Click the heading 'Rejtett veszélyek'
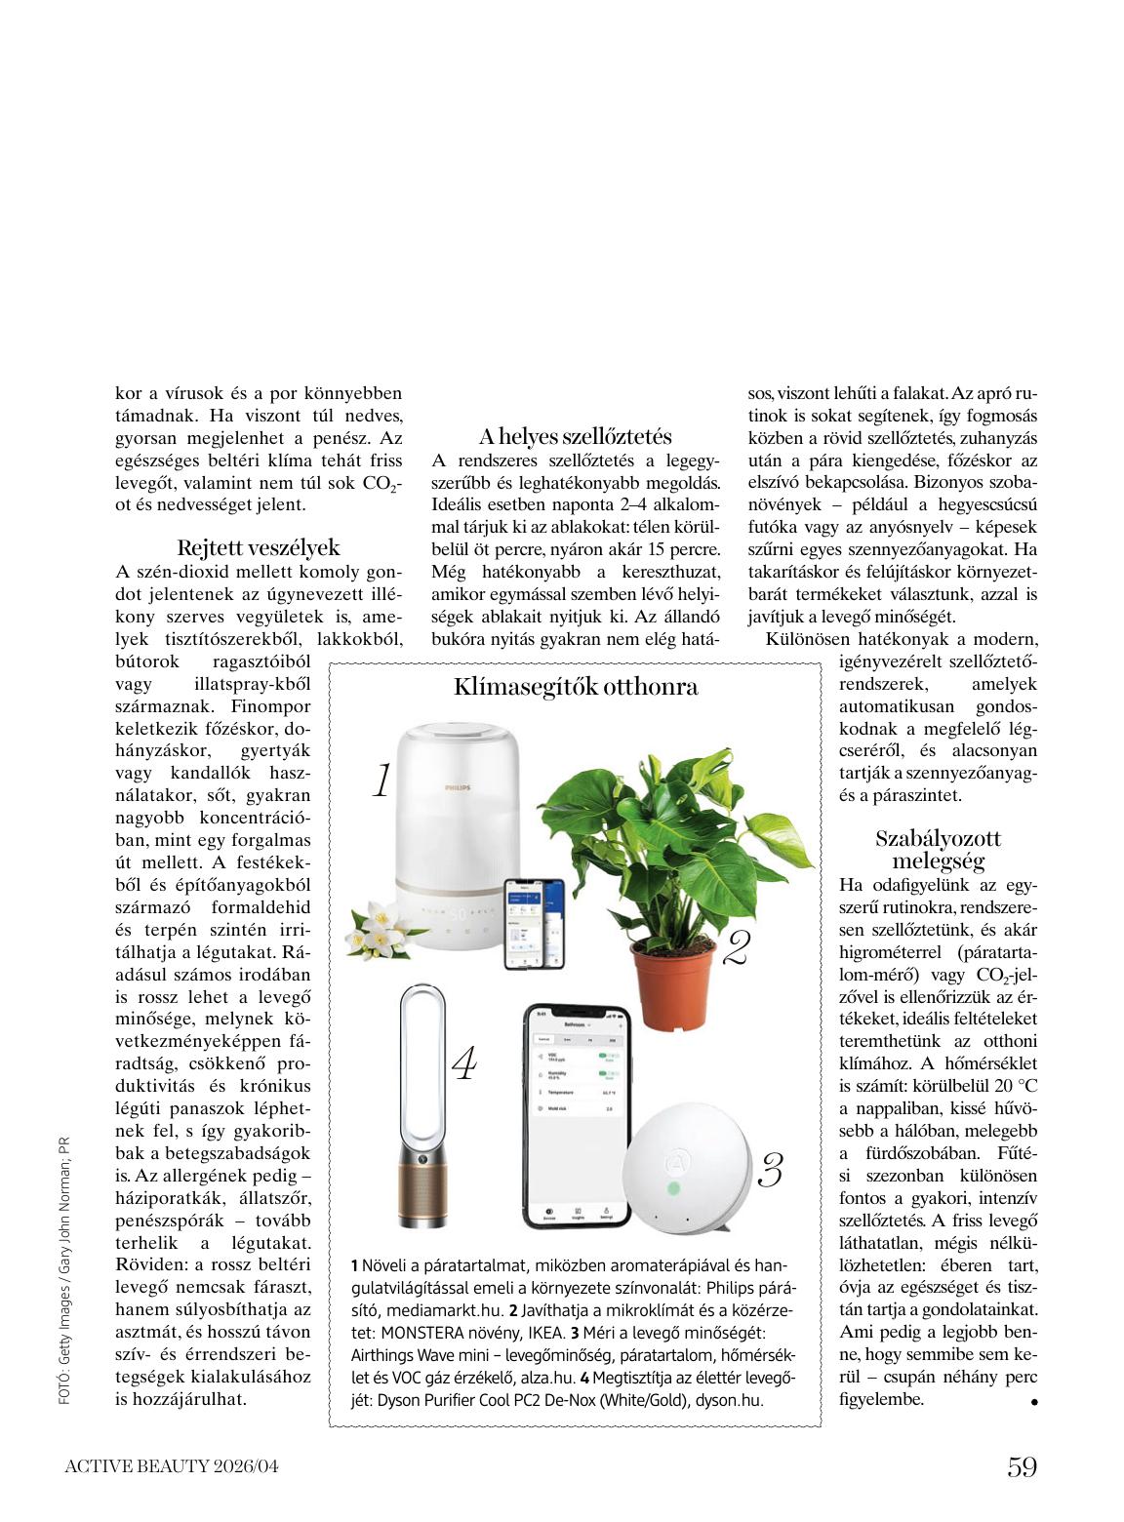pos(259,547)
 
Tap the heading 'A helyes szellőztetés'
pos(575,436)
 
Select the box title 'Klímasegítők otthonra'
pos(576,687)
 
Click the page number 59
pos(1022,1466)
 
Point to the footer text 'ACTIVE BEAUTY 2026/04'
pos(172,1466)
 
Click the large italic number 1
pos(381,781)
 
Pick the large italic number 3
pos(771,1170)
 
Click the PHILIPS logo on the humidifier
pos(457,786)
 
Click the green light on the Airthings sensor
pos(672,1189)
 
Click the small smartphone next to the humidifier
pos(534,922)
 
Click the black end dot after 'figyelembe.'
pos(1033,1402)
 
